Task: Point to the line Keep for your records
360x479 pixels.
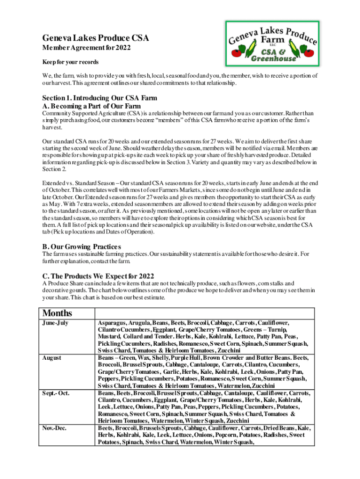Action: [x=70, y=62]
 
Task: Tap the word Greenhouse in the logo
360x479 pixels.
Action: [x=274, y=59]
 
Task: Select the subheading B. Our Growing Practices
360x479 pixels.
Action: [x=81, y=247]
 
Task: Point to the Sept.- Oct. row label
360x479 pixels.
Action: [x=56, y=392]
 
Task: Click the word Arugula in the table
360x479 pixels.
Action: [x=141, y=323]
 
